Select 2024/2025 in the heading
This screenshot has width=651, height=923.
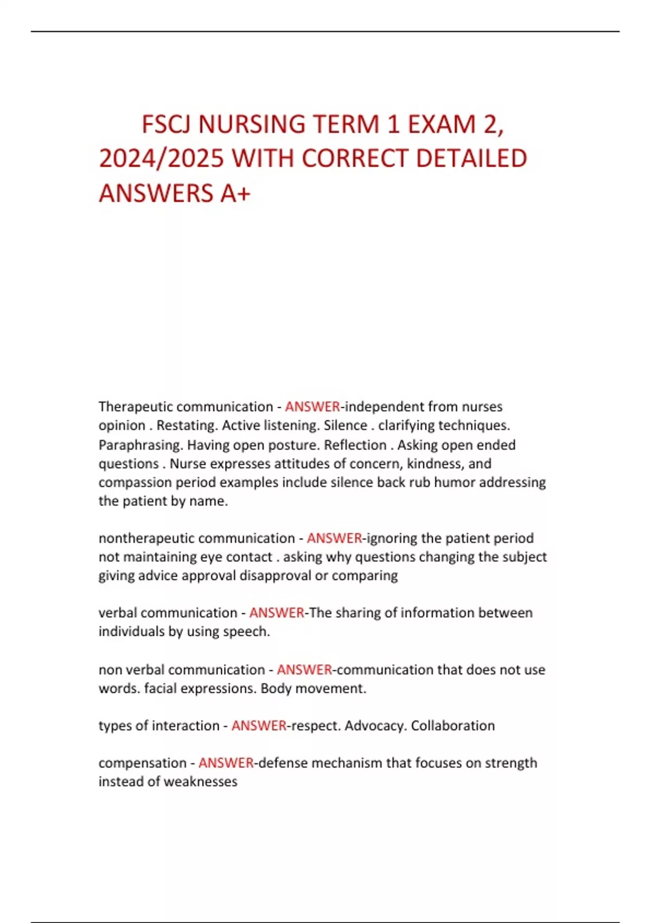[x=161, y=159]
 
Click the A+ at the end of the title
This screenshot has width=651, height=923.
[x=235, y=193]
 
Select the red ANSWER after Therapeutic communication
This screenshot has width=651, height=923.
[x=312, y=407]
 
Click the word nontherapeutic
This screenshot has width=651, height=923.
[x=142, y=538]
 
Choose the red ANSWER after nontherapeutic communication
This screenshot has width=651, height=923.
[x=334, y=538]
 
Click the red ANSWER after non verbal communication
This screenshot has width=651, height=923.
[x=304, y=669]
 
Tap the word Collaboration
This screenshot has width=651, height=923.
[x=452, y=726]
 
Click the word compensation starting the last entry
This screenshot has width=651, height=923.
[x=142, y=763]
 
